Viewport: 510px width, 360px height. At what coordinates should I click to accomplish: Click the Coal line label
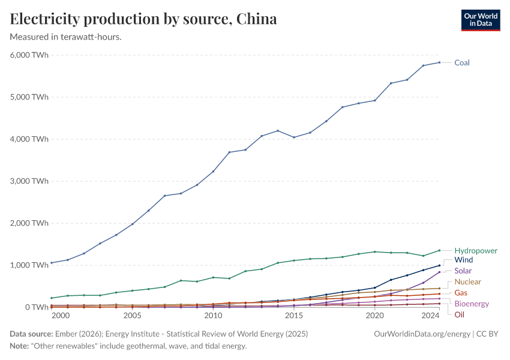[461, 62]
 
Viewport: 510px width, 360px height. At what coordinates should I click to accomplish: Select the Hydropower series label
[476, 250]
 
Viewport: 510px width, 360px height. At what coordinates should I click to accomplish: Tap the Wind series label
[464, 260]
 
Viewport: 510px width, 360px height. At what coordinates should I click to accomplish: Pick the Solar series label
[463, 271]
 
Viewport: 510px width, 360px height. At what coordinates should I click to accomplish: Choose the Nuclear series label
[467, 281]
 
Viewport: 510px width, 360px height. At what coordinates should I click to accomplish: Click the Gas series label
[461, 292]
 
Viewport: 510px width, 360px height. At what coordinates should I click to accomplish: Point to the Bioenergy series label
[472, 304]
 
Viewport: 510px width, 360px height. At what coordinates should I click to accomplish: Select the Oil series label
[459, 314]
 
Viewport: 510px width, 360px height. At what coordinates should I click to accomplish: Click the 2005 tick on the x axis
[132, 316]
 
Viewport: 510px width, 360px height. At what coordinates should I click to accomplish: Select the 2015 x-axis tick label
[294, 316]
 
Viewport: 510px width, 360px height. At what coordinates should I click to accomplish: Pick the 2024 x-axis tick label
[430, 316]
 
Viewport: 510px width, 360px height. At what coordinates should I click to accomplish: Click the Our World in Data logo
[480, 19]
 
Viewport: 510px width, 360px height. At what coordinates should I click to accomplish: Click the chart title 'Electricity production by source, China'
[143, 19]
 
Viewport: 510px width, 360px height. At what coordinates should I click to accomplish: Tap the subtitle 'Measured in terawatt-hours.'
[66, 37]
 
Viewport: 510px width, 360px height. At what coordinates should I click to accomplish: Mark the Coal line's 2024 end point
[439, 62]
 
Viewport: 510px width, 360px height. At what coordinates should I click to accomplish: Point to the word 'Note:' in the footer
[20, 346]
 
